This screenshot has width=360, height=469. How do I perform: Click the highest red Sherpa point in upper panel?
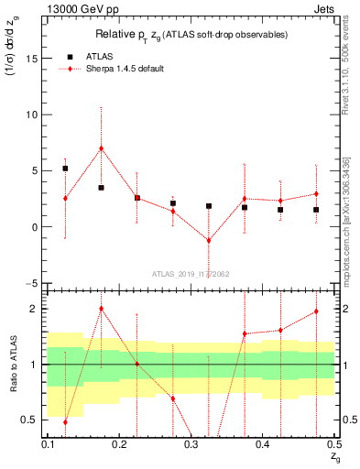[x=101, y=148]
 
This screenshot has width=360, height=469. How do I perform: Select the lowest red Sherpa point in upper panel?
[x=209, y=241]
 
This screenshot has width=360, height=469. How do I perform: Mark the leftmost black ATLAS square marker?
[x=65, y=169]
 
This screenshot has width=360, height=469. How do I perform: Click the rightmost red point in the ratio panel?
[x=316, y=311]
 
